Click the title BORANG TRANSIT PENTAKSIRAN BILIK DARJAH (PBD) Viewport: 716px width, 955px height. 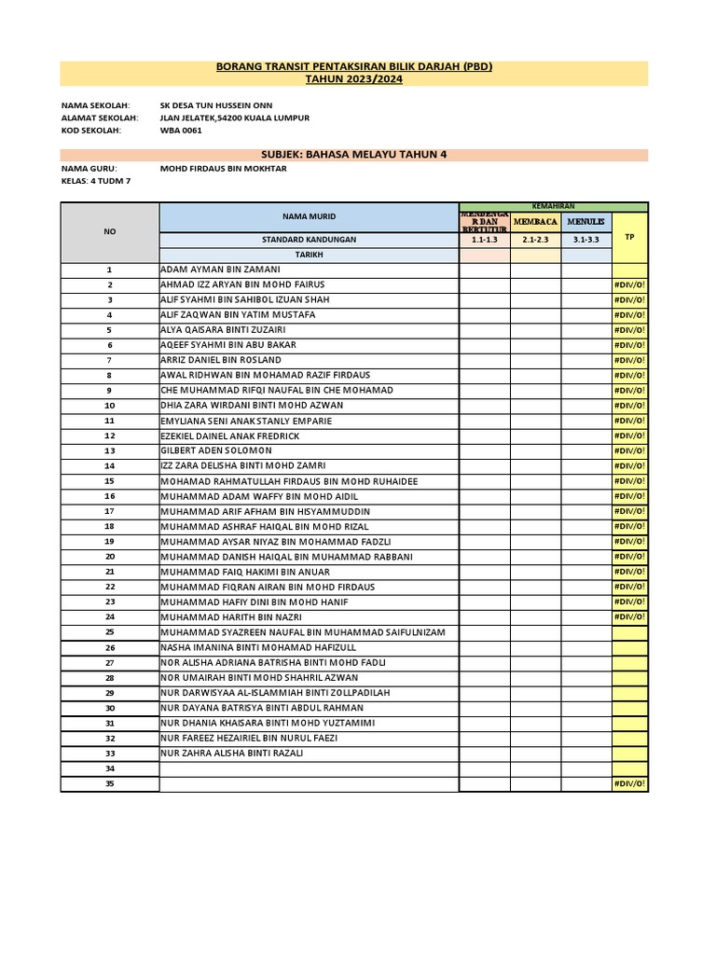click(x=353, y=67)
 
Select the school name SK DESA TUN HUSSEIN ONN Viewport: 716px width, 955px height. click(x=216, y=106)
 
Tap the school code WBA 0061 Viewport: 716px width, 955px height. click(x=181, y=131)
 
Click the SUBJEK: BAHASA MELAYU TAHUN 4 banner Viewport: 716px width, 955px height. click(x=353, y=154)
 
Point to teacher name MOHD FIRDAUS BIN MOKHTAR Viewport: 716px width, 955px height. click(x=224, y=169)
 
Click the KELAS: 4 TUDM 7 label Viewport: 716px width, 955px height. click(x=96, y=181)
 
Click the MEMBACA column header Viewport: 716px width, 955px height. click(x=535, y=222)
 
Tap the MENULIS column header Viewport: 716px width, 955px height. click(x=586, y=222)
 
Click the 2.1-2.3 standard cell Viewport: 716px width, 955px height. click(x=535, y=240)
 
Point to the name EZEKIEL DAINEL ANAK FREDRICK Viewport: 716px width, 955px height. click(x=230, y=436)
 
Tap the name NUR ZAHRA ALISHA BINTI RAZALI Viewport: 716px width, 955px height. click(x=232, y=753)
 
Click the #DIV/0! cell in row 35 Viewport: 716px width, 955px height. click(x=629, y=783)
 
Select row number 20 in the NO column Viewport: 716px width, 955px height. click(x=109, y=557)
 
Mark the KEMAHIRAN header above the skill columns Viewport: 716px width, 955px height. click(x=553, y=205)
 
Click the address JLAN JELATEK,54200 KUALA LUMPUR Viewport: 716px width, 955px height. click(x=235, y=118)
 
